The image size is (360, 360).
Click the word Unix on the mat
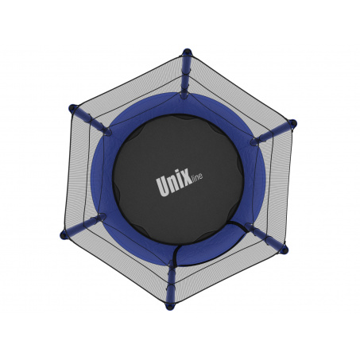pos(174,184)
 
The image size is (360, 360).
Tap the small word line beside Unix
pos(197,177)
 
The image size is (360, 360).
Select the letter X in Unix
pos(187,180)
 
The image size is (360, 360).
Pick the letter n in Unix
pos(174,185)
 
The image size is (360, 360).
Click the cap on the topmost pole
pos(187,52)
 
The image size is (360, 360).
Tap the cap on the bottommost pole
pos(170,306)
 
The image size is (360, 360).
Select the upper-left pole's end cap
pos(72,108)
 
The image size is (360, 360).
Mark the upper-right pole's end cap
pos(292,123)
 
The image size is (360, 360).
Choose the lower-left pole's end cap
pos(64,234)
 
